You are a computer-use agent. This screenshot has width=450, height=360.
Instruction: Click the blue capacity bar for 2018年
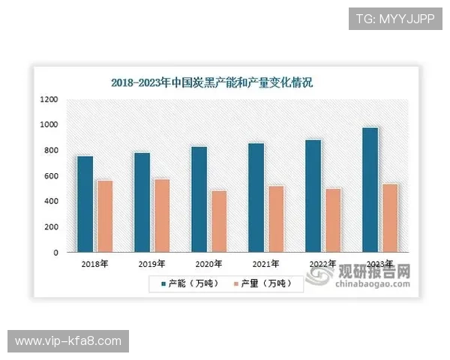pyautogui.click(x=85, y=204)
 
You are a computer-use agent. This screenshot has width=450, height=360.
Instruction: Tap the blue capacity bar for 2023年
pyautogui.click(x=370, y=190)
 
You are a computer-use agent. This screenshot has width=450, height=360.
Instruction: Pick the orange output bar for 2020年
pyautogui.click(x=218, y=222)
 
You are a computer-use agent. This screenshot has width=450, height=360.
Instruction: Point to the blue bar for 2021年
pyautogui.click(x=256, y=198)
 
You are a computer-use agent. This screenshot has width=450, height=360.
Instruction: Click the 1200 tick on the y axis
pyautogui.click(x=49, y=100)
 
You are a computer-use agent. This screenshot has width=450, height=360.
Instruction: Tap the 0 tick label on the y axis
pyautogui.click(x=55, y=253)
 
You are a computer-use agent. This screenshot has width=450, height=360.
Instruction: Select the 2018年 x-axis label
pyautogui.click(x=95, y=264)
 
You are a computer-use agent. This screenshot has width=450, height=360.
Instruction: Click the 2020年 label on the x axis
pyautogui.click(x=208, y=264)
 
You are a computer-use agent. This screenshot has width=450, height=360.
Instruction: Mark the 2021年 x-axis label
pyautogui.click(x=265, y=264)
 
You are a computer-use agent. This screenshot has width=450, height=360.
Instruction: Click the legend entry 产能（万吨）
pyautogui.click(x=189, y=283)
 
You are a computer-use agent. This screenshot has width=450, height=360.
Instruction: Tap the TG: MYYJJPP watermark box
pyautogui.click(x=394, y=17)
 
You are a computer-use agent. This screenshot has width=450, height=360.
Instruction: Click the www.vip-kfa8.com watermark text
pyautogui.click(x=68, y=341)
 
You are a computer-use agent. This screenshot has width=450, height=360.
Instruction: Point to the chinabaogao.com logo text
pyautogui.click(x=373, y=283)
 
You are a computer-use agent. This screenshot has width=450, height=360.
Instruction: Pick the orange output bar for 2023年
pyautogui.click(x=389, y=218)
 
